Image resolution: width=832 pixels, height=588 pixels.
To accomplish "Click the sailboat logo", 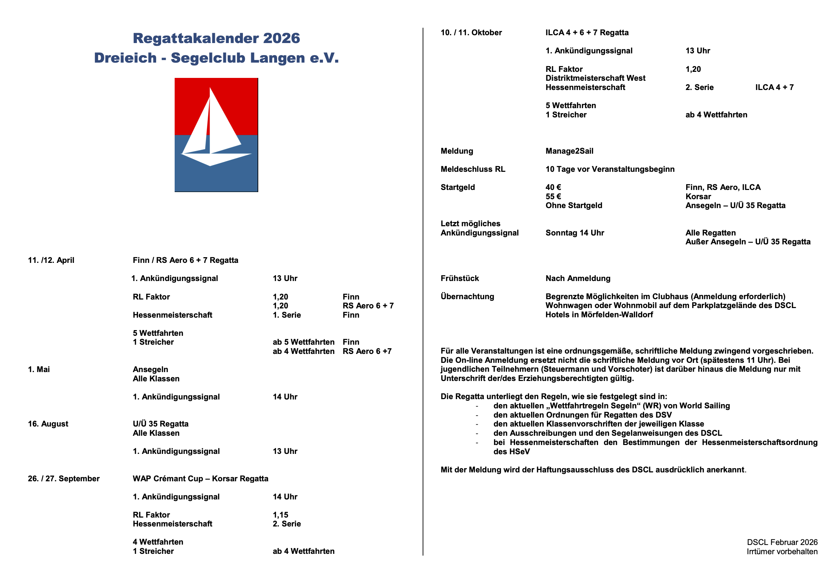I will click(x=216, y=135).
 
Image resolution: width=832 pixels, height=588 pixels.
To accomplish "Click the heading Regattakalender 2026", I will click(x=216, y=38).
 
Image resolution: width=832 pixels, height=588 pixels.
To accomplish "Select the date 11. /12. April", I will click(x=51, y=260).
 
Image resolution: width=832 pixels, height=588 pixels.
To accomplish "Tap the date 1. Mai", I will click(x=39, y=370).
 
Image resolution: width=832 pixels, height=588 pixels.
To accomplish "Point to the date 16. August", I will click(x=48, y=424).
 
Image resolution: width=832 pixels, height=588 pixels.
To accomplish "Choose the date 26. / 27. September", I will click(x=63, y=478).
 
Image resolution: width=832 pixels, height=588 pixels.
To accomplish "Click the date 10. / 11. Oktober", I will click(x=471, y=33).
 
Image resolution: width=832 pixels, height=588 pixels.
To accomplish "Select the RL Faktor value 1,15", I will click(x=280, y=515).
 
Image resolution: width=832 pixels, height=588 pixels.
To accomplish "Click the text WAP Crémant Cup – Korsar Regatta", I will click(x=200, y=478).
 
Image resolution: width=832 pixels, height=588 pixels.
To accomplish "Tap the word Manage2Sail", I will click(x=569, y=151).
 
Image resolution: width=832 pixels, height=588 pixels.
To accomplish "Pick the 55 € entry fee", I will click(x=553, y=196).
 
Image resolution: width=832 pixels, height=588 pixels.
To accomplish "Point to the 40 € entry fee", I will click(x=553, y=187).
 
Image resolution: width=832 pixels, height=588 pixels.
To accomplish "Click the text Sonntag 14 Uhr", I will click(x=575, y=233).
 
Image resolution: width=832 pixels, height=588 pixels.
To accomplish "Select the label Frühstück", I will click(x=460, y=278).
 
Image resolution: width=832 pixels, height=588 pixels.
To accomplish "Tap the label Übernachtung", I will click(x=467, y=296).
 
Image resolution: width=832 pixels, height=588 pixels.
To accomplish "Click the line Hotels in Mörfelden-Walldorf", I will click(x=599, y=314).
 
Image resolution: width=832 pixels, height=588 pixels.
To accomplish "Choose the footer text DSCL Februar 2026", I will click(x=782, y=542).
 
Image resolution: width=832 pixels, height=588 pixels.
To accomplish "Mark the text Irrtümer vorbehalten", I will click(x=782, y=551).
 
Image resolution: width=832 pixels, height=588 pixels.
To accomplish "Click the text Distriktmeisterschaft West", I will click(x=595, y=78).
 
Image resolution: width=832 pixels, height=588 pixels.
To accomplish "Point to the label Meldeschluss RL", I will click(x=473, y=169).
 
